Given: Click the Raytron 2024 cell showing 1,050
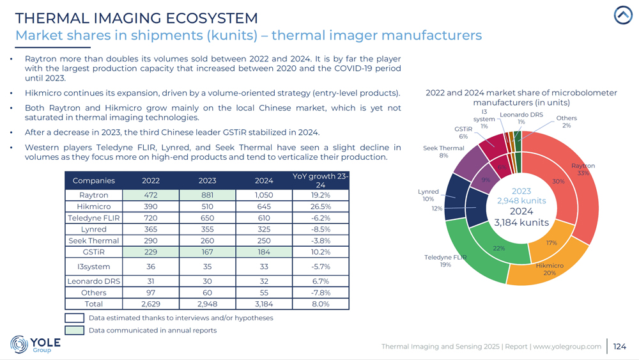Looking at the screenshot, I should coord(264,195).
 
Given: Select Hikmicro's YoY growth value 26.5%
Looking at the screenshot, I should coord(320,207).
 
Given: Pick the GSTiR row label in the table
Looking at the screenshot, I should coord(94,253).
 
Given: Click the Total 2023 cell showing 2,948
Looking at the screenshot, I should coord(208,304).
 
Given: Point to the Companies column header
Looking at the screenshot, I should coord(94,181).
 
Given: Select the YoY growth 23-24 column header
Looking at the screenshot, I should coord(320,180).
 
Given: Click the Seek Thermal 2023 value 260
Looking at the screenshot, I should coord(208,241).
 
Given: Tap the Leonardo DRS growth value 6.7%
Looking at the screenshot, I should coord(320,281).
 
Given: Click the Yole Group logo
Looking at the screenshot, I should coord(36,344).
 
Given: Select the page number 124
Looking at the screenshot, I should coord(619,347).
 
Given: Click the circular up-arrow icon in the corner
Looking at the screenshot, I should coord(623,15).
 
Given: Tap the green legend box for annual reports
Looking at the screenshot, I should coord(75,331).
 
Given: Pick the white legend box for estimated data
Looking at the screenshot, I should coord(75,318).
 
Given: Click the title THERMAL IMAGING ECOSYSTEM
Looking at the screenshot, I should coord(136,19).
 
